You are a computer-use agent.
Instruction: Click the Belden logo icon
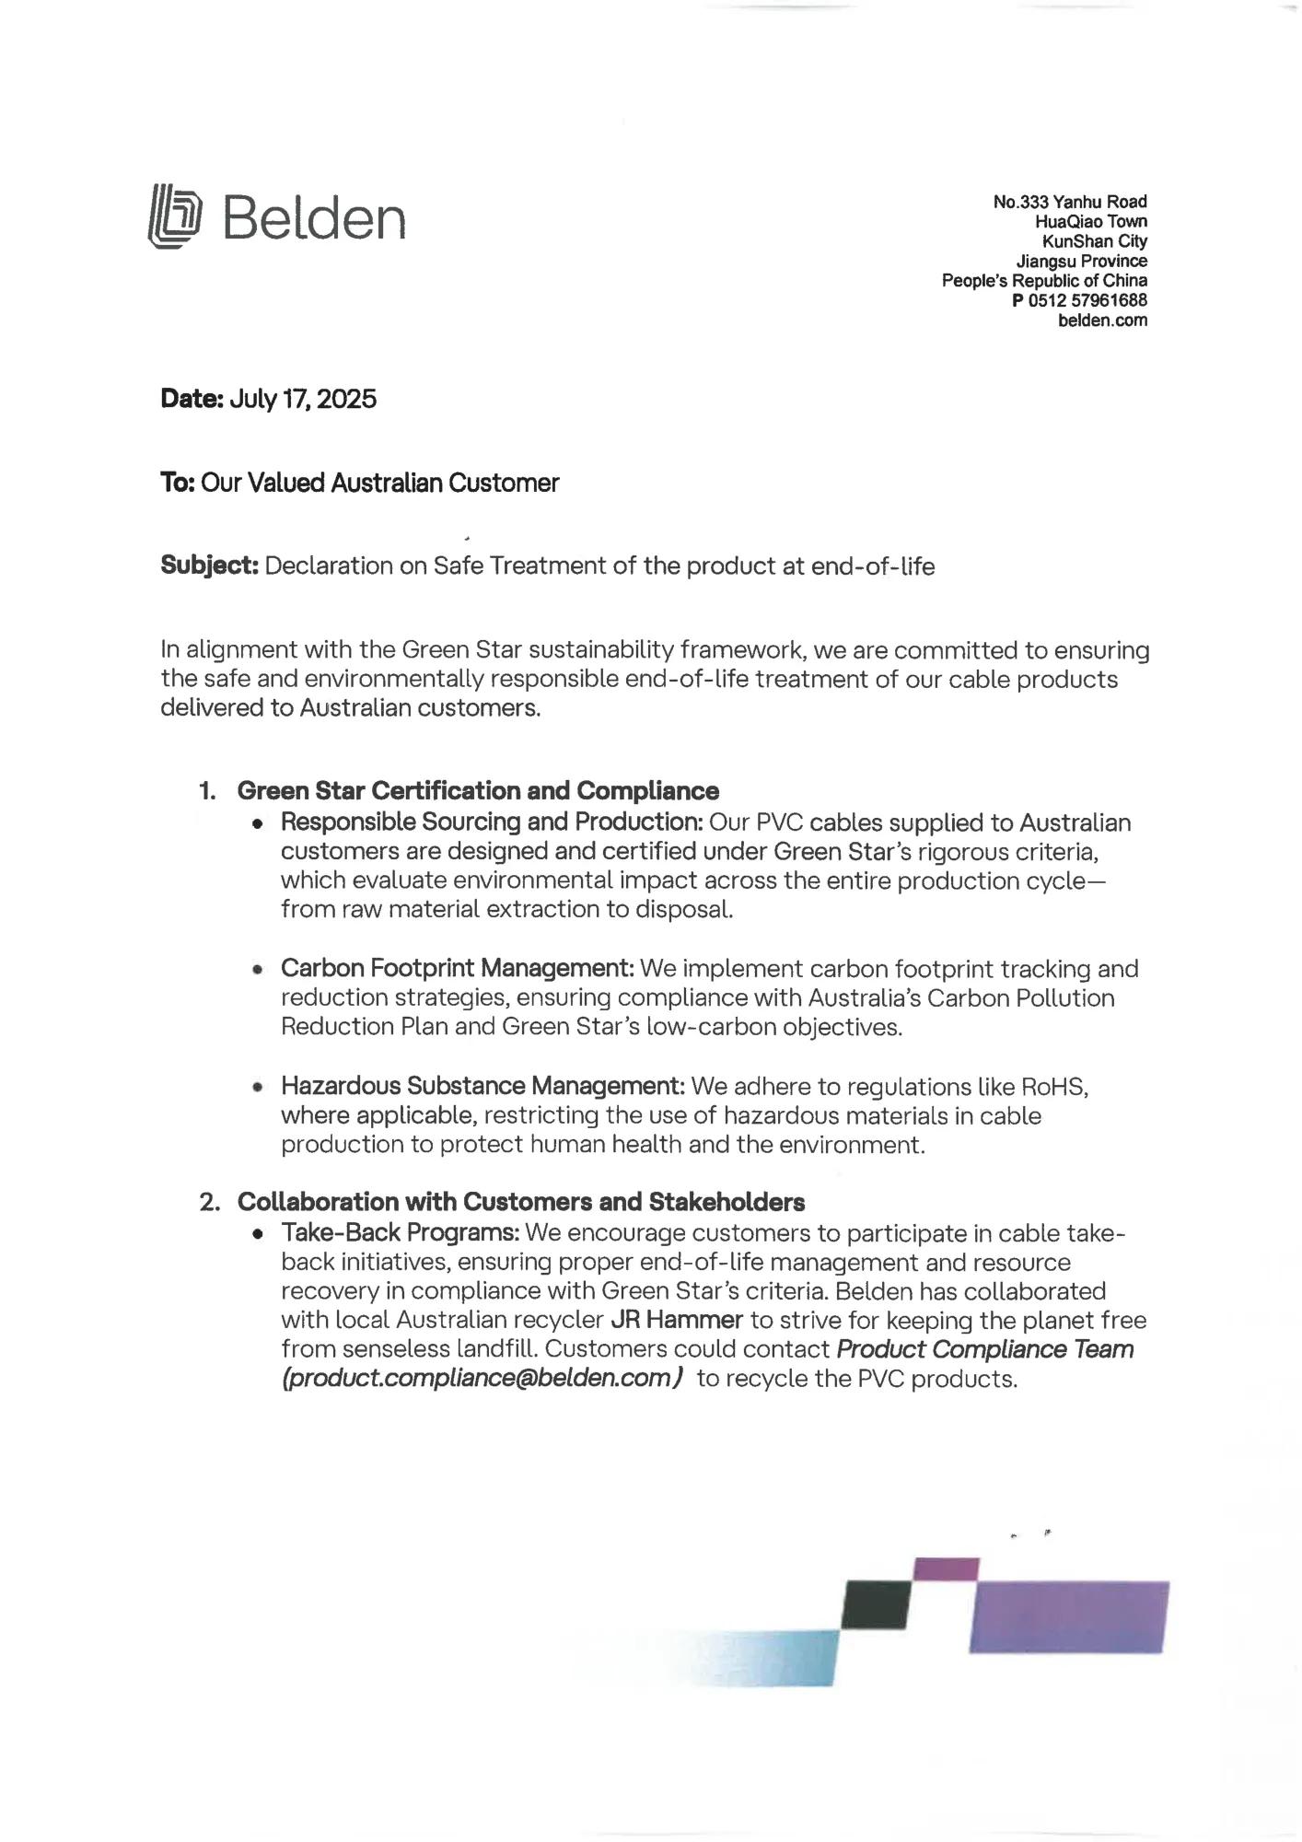pyautogui.click(x=174, y=217)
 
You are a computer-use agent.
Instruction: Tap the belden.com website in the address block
pyautogui.click(x=1102, y=321)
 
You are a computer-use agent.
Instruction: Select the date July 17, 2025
pyautogui.click(x=302, y=399)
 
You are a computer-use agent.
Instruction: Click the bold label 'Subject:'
pyautogui.click(x=209, y=565)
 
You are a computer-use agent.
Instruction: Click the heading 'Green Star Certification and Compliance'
pyautogui.click(x=478, y=791)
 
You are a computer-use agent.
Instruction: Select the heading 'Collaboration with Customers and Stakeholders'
pyautogui.click(x=520, y=1202)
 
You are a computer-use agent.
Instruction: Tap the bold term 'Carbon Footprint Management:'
pyautogui.click(x=457, y=969)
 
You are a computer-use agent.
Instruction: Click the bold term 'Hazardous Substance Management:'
pyautogui.click(x=482, y=1087)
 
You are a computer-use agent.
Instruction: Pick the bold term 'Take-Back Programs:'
pyautogui.click(x=401, y=1232)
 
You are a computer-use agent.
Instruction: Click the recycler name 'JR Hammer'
pyautogui.click(x=677, y=1320)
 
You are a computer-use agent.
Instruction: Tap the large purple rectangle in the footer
pyautogui.click(x=1069, y=1616)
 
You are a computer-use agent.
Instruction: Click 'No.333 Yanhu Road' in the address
pyautogui.click(x=1070, y=202)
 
